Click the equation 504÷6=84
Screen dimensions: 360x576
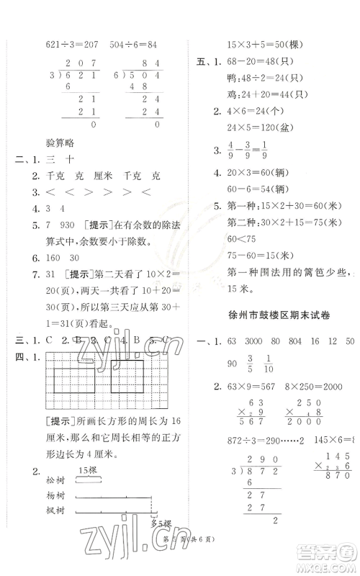click(x=132, y=45)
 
